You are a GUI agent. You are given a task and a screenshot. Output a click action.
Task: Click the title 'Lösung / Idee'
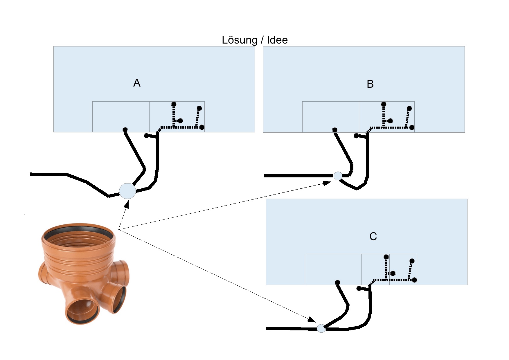(255, 40)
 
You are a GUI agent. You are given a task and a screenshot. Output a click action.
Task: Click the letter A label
(137, 83)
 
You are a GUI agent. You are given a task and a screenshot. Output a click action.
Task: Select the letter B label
(370, 84)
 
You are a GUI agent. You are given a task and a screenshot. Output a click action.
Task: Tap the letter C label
(373, 236)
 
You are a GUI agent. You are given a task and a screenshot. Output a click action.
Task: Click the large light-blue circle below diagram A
(127, 191)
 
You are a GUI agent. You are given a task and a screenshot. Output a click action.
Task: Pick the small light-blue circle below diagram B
(338, 176)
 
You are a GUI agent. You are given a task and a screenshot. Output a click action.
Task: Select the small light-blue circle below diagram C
(321, 328)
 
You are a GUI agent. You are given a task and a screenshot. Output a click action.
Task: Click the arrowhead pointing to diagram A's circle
(126, 204)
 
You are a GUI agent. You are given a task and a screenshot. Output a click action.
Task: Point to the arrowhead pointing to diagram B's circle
(327, 183)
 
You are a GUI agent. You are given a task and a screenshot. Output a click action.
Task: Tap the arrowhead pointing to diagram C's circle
(312, 320)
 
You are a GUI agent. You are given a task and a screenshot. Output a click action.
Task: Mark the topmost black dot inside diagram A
(174, 104)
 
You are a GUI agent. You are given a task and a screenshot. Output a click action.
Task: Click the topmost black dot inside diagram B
(384, 104)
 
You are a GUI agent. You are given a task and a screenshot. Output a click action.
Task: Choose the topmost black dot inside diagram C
(386, 257)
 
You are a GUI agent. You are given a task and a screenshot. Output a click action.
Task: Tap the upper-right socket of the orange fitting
(122, 270)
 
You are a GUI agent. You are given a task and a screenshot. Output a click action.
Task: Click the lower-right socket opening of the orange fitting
(119, 299)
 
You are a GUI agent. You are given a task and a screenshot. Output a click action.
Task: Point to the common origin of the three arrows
(118, 229)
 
